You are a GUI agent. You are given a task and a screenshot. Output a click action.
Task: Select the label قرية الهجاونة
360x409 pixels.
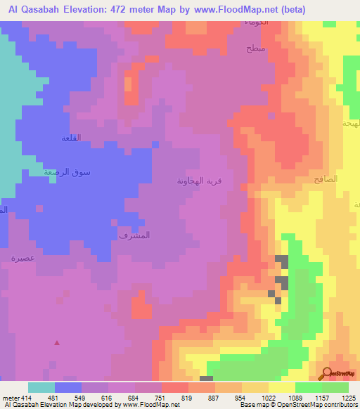coord(200,181)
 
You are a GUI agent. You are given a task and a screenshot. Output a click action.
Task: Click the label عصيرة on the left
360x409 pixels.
coord(23,258)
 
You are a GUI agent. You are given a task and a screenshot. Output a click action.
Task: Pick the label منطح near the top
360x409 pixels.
coord(255,49)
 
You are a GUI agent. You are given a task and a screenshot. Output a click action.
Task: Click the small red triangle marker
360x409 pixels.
coord(57,343)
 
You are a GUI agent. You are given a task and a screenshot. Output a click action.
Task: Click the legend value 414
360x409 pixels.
coord(27,398)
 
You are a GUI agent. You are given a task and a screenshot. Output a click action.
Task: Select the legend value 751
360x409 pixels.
coord(161,398)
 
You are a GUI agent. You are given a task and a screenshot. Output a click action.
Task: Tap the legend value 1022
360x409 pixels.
coord(269,398)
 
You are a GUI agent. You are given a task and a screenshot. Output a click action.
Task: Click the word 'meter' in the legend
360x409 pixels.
coord(9,398)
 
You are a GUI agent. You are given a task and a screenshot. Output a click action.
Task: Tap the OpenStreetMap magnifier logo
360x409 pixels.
coord(326,372)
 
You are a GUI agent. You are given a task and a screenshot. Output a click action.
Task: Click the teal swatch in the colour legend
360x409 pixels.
coord(41,387)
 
